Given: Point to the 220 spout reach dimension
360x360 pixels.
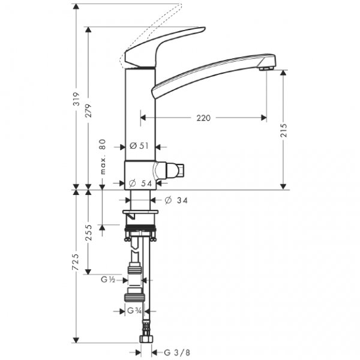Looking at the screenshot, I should point(203,119).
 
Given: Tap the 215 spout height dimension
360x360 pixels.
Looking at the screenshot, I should point(284,131).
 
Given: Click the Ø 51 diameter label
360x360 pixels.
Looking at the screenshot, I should point(140,146).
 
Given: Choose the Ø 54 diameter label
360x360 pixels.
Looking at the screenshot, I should point(141,184).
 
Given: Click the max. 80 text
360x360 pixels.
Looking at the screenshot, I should point(103,157).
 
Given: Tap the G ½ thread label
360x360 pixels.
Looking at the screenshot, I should point(109,279).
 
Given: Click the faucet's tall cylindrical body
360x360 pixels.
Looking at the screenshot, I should point(140,114).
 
